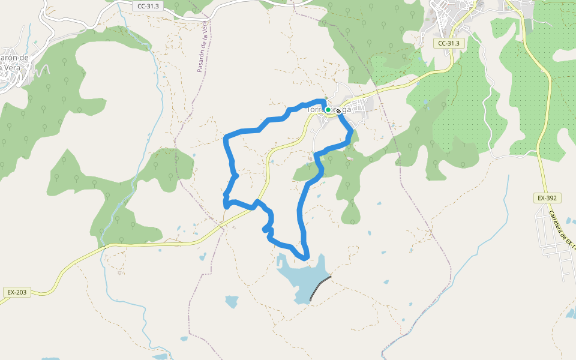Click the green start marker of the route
click(328, 110)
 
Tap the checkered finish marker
click(338, 111)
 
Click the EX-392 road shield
click(545, 197)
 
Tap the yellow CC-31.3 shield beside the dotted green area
click(448, 43)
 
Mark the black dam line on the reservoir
click(320, 289)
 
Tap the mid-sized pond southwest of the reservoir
click(232, 301)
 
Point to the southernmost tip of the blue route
click(306, 258)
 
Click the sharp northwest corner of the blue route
click(226, 139)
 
